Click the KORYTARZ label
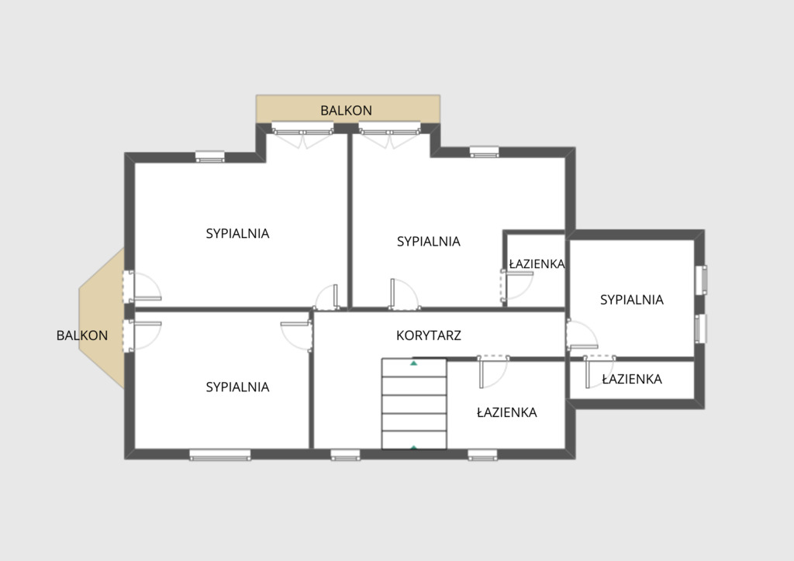point(428,336)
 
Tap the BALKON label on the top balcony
point(347,110)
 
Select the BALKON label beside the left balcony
point(82,336)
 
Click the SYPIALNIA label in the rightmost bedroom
point(631,299)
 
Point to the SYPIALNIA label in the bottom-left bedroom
point(237,387)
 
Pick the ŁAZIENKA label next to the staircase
point(507,412)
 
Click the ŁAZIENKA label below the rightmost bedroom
point(632,379)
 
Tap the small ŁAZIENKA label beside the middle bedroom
point(537,263)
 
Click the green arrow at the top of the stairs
point(414,363)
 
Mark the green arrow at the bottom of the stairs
point(414,448)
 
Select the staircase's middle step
point(414,404)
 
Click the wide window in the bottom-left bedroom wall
point(220,456)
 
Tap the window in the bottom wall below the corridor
point(345,456)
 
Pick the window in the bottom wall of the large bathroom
point(482,456)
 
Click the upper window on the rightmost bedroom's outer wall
point(701,280)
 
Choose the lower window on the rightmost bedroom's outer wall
point(701,329)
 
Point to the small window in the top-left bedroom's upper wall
point(210,157)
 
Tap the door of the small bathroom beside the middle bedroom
point(517,287)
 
